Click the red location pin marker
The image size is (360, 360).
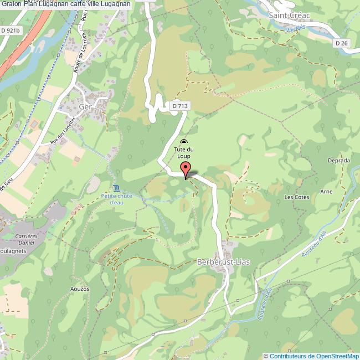[186, 169]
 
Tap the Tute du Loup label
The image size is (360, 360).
[184, 153]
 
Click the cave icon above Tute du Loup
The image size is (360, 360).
[184, 142]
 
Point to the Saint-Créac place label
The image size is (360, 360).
[290, 16]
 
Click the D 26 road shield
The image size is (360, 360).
[342, 42]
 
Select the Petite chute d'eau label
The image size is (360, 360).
[116, 198]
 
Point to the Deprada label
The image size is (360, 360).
[338, 161]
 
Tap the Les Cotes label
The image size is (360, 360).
[296, 197]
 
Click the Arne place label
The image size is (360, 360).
[326, 192]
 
